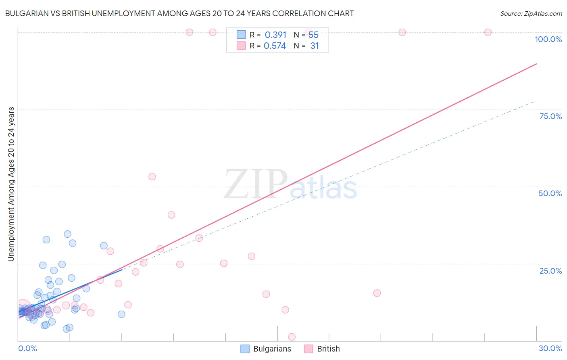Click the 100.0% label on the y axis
[x=548, y=39]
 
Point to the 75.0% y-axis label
[x=550, y=116]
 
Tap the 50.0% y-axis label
[x=550, y=193]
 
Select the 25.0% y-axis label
[x=550, y=270]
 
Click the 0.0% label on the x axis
[x=27, y=348]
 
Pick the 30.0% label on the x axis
[x=550, y=348]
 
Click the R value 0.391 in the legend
[x=275, y=35]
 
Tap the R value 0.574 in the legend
[x=275, y=46]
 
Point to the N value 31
[x=315, y=46]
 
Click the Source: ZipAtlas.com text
[x=531, y=13]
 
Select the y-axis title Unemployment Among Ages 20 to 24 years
[x=11, y=184]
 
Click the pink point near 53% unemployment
[x=152, y=176]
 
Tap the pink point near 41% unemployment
[x=171, y=215]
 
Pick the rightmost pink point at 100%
[x=488, y=32]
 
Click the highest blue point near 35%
[x=67, y=234]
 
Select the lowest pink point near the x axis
[x=292, y=337]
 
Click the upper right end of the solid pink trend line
[x=536, y=64]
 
